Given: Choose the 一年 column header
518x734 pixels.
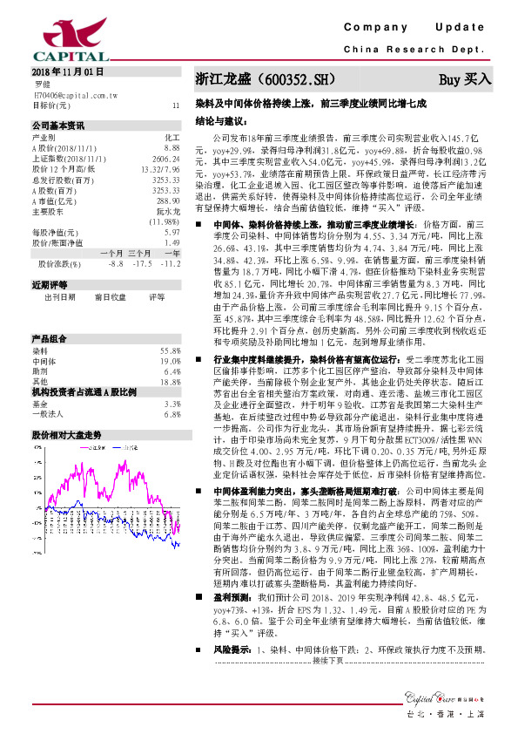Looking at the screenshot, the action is click(x=170, y=253).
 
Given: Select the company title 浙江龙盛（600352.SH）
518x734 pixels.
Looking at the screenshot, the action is click(x=264, y=79).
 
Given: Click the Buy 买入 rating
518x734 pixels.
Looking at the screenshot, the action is click(x=465, y=79).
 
